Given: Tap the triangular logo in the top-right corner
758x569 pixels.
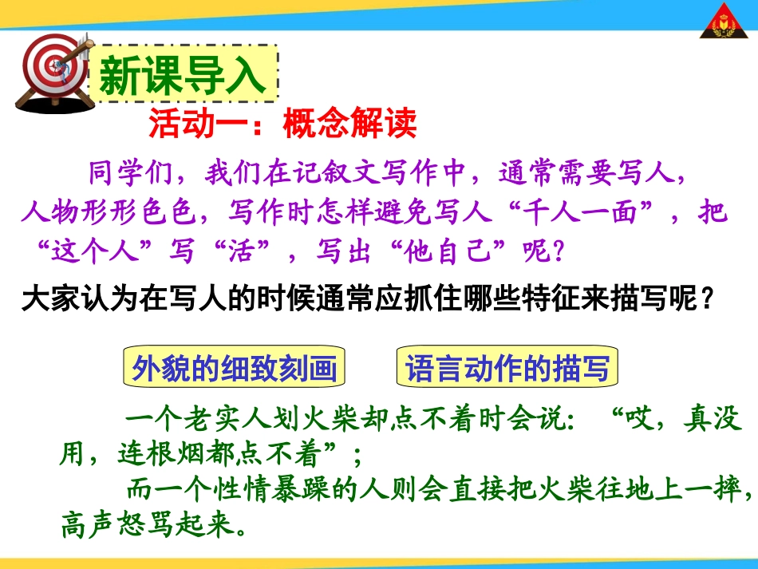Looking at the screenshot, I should [725, 25].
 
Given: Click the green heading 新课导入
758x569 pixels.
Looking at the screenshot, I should [183, 73].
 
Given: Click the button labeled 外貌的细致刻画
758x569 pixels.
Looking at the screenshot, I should [234, 368].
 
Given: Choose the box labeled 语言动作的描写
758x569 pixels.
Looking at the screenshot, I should [507, 368].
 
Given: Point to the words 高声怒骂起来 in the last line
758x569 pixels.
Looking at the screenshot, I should [152, 525].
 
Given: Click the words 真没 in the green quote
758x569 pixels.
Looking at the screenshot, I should [713, 419].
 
